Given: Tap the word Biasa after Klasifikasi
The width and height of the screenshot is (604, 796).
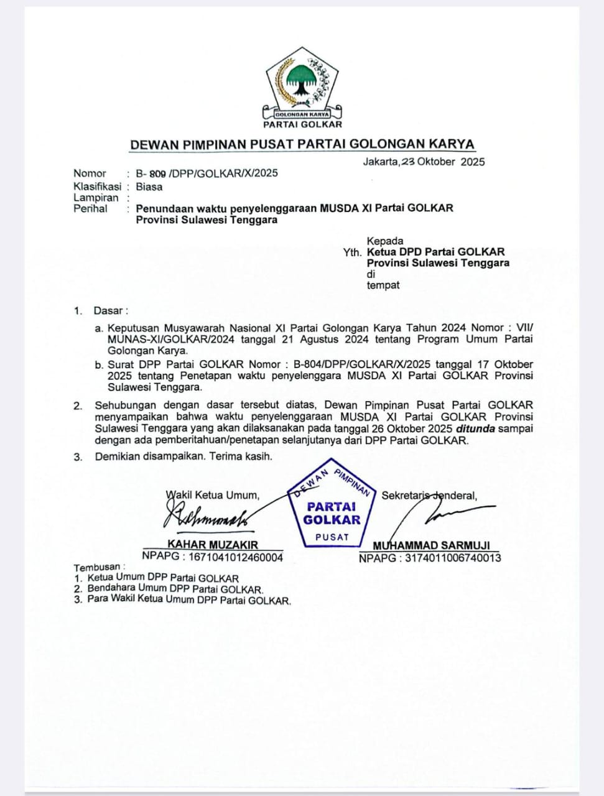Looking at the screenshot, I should pos(149,187).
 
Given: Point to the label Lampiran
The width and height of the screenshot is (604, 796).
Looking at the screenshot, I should pos(96,198).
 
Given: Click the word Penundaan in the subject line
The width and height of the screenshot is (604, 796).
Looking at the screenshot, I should pos(165,208).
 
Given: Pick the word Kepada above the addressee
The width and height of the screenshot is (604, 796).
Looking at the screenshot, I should pos(385,241).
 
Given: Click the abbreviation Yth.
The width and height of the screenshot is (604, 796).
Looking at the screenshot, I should pos(352,252).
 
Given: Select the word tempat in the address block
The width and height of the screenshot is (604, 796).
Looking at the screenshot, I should pos(383,285).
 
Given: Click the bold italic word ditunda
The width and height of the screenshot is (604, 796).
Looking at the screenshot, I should pos(476,428).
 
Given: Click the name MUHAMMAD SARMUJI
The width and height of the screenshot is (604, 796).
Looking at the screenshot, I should pos(431,545).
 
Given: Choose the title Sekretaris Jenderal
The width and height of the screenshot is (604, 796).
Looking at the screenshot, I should pos(429,496).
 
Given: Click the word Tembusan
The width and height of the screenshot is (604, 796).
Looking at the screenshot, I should pos(97,567).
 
